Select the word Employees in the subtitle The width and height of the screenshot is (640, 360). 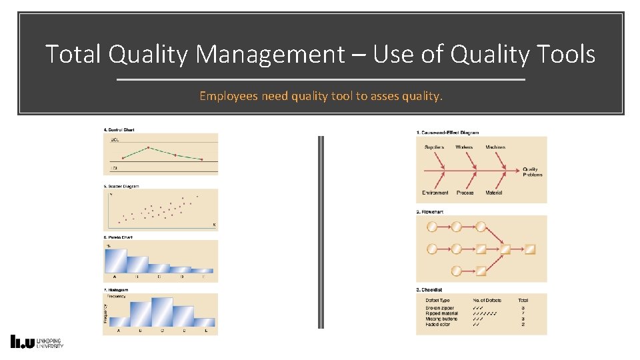tap(229, 96)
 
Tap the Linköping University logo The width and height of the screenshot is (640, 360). tap(37, 341)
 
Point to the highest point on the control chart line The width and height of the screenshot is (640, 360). tap(148, 147)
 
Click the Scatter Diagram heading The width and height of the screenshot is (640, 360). tap(121, 187)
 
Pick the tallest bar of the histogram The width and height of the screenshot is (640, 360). tap(162, 311)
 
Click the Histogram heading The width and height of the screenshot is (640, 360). tap(117, 290)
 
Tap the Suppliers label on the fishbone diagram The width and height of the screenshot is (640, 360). tap(434, 147)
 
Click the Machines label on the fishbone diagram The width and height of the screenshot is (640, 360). tap(495, 147)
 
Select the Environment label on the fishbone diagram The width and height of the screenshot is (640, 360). tap(435, 193)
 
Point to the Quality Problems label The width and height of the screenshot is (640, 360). tap(533, 172)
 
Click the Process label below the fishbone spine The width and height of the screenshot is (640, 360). tap(465, 193)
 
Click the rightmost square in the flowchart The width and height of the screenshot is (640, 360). tap(530, 249)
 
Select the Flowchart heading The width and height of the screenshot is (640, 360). tap(431, 212)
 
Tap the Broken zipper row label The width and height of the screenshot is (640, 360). tap(440, 308)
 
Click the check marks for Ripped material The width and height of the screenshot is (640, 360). tap(485, 313)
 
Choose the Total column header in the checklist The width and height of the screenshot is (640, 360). tap(523, 301)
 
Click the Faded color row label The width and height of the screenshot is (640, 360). tap(438, 324)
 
